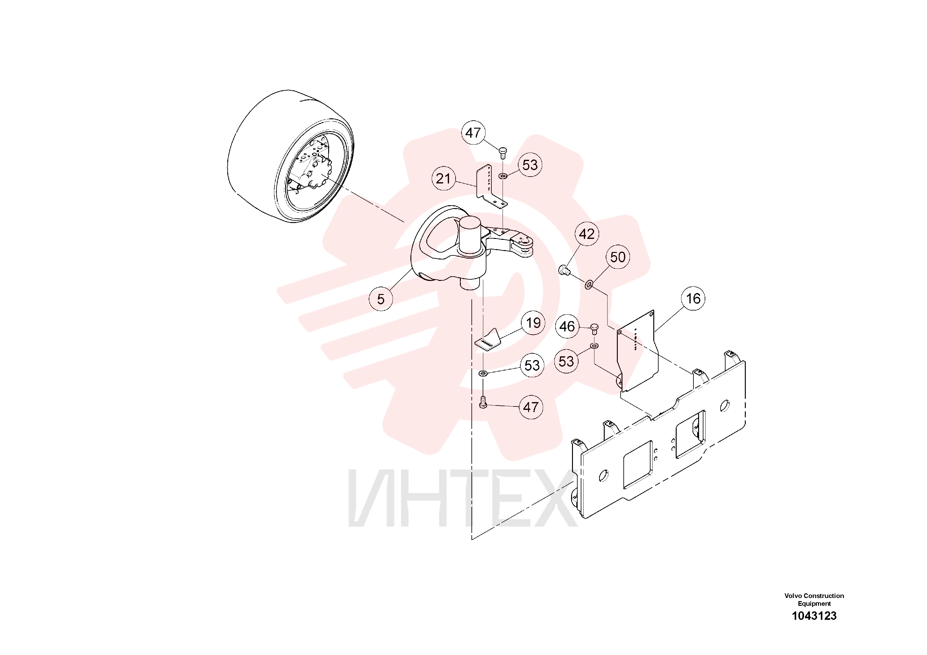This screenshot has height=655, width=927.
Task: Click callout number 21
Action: click(443, 178)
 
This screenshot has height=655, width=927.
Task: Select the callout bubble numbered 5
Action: click(381, 299)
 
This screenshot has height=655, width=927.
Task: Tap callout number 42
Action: click(587, 234)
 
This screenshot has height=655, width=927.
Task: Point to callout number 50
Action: click(618, 257)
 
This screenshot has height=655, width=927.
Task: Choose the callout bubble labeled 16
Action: click(693, 298)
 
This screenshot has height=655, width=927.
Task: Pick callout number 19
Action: click(533, 323)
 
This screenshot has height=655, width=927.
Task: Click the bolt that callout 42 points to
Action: click(564, 270)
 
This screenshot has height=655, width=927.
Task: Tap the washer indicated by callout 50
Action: click(589, 286)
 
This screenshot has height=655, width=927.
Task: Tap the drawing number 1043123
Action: click(814, 616)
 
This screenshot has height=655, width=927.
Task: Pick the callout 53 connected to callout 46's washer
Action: click(566, 361)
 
